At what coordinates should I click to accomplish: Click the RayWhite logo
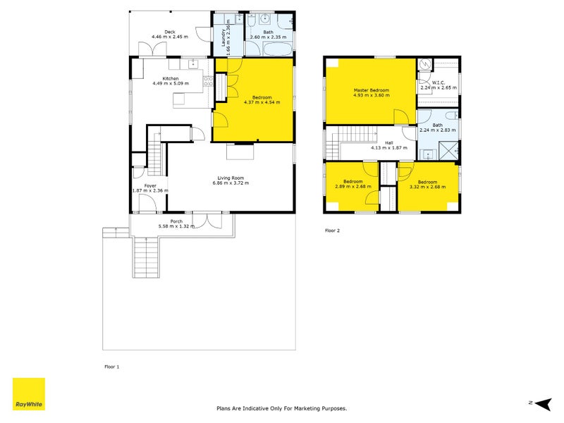coord(29,394)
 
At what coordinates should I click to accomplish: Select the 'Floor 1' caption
coord(112,367)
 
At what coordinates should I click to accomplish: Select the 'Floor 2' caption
coord(333,231)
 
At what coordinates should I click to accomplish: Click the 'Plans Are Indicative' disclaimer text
coord(281,408)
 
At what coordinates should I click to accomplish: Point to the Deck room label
coord(169,32)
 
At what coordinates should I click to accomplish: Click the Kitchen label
coord(171,78)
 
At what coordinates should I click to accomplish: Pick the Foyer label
coord(150,185)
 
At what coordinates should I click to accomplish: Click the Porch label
coord(176,221)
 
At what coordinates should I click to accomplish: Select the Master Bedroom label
coord(371,90)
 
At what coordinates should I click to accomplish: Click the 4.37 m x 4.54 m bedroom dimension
coord(262,102)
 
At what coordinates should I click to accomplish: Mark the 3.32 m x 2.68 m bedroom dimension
coord(427,186)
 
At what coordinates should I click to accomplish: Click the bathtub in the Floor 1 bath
coord(269,48)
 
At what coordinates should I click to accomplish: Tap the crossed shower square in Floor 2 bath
coord(449,150)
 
